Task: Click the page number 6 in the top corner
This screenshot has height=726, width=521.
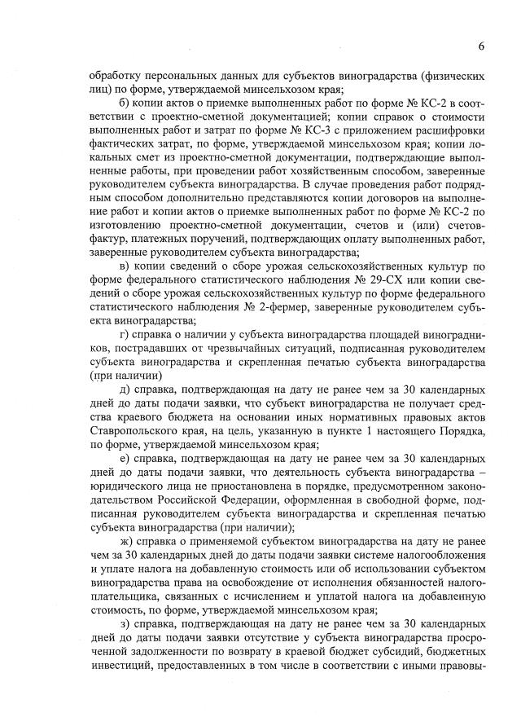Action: point(481,46)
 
